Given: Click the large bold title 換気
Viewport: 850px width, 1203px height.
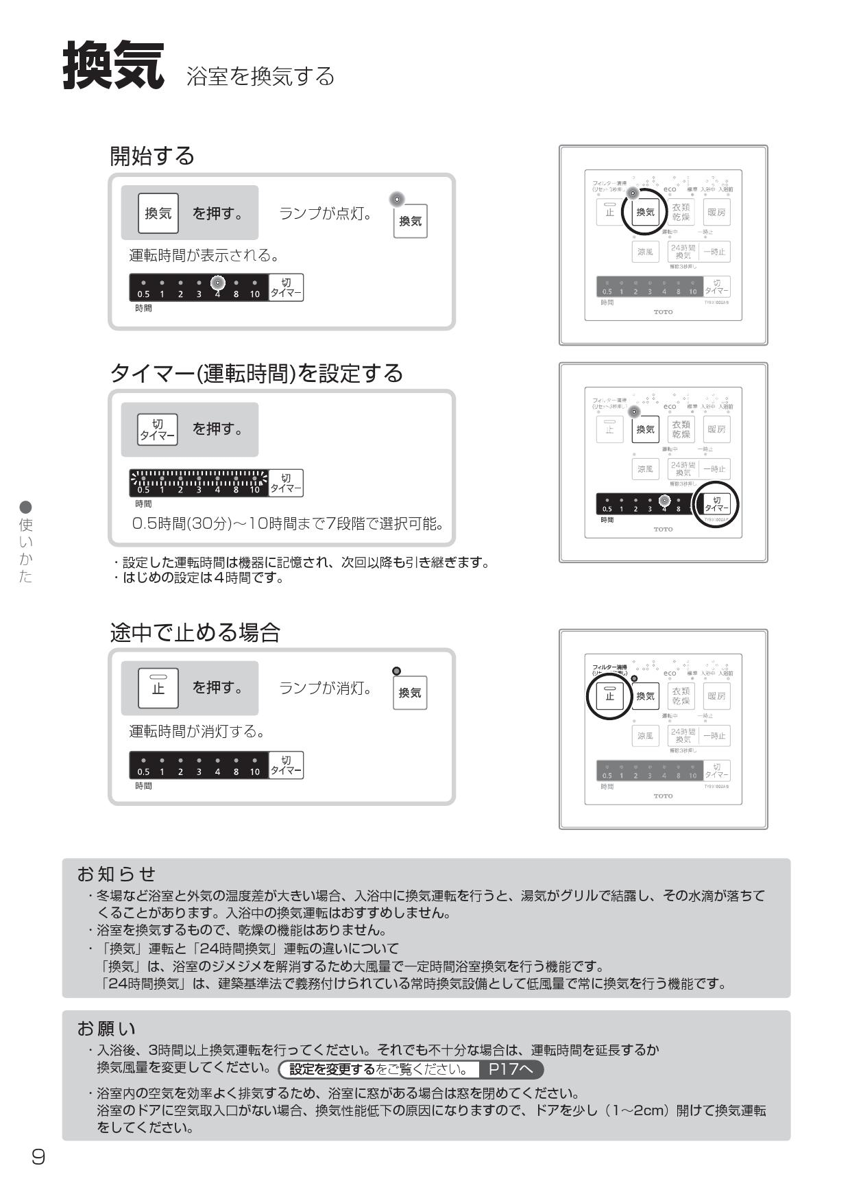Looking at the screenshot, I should (x=114, y=66).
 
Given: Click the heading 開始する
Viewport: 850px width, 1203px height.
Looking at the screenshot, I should (x=152, y=156).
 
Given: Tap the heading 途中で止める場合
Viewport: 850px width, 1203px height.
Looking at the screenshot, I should (x=195, y=632).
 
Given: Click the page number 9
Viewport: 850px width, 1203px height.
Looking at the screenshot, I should (x=38, y=1157).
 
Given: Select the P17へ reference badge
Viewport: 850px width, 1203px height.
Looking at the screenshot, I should (x=511, y=1069).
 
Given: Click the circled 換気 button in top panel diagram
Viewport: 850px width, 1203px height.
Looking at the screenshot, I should (x=645, y=213).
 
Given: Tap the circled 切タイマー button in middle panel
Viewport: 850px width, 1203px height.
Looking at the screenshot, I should (x=716, y=504).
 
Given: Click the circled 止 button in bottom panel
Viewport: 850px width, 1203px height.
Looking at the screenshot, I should (x=609, y=696).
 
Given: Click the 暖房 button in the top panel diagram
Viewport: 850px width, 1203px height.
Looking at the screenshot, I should (x=716, y=213).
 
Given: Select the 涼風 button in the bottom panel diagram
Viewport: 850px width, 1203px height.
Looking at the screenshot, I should (x=645, y=736).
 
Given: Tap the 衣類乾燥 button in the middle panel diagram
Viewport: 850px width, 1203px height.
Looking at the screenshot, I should (x=681, y=429).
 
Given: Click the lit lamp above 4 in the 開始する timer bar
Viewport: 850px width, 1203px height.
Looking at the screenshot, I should (x=217, y=283).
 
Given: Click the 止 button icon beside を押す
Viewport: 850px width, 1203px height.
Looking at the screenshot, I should (x=158, y=688).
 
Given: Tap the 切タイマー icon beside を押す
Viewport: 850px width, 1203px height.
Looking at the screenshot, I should (x=158, y=430).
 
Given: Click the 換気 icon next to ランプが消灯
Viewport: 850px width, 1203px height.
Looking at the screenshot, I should (x=410, y=693).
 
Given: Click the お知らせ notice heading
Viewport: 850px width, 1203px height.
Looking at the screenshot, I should (x=117, y=874).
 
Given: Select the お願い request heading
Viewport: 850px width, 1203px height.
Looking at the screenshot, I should (x=107, y=1029).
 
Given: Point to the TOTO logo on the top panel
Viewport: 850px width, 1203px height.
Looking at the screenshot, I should (x=663, y=312).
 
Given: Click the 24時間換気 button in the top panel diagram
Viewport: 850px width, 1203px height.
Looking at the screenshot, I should (x=683, y=252).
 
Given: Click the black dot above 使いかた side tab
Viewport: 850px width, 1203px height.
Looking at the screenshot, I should (x=26, y=507).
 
